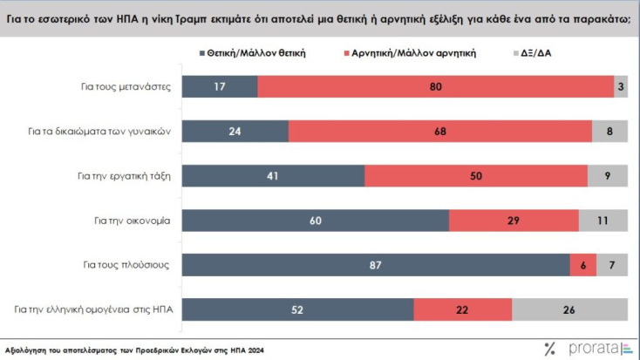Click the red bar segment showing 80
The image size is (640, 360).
435,87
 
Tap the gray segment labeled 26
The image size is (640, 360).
569,309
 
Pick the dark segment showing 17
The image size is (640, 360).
220,87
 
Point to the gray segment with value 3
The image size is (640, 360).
620,87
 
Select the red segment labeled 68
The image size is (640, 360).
439,132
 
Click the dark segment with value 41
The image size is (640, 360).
273,175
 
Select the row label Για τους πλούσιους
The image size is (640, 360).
132,264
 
